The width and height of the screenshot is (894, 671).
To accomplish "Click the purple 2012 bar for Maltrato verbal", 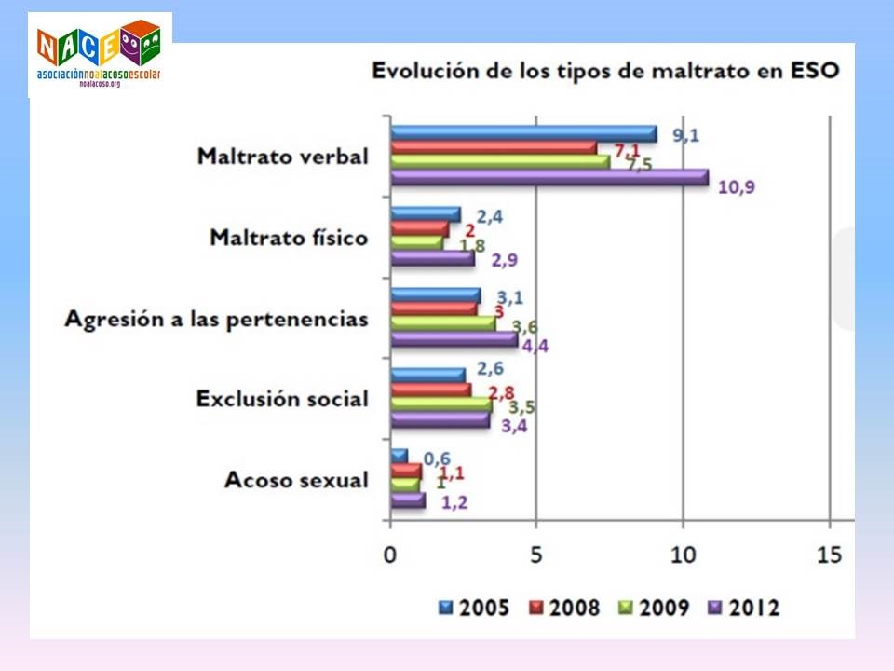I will (x=549, y=176).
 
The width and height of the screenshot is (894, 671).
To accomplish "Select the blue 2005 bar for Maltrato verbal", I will (x=523, y=133).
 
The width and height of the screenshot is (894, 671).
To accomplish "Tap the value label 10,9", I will (x=736, y=186).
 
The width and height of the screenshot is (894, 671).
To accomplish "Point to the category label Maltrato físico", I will (x=289, y=237).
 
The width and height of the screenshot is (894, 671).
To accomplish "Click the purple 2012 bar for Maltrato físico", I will (x=433, y=257).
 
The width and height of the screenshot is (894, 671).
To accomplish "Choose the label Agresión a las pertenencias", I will (x=216, y=318).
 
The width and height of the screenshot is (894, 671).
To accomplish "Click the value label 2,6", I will (x=491, y=367).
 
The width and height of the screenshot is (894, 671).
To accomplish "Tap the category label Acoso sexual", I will (x=296, y=480).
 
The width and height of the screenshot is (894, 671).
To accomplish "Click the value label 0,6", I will (x=438, y=458).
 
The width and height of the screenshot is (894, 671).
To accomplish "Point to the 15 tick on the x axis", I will (x=829, y=554).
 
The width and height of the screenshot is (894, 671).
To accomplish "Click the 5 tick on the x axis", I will (x=535, y=554).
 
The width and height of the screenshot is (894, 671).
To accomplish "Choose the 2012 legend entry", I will (x=745, y=609).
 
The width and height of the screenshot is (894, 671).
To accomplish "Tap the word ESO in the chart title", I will (x=816, y=70).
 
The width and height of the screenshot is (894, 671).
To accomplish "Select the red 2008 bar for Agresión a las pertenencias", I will (x=434, y=308).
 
